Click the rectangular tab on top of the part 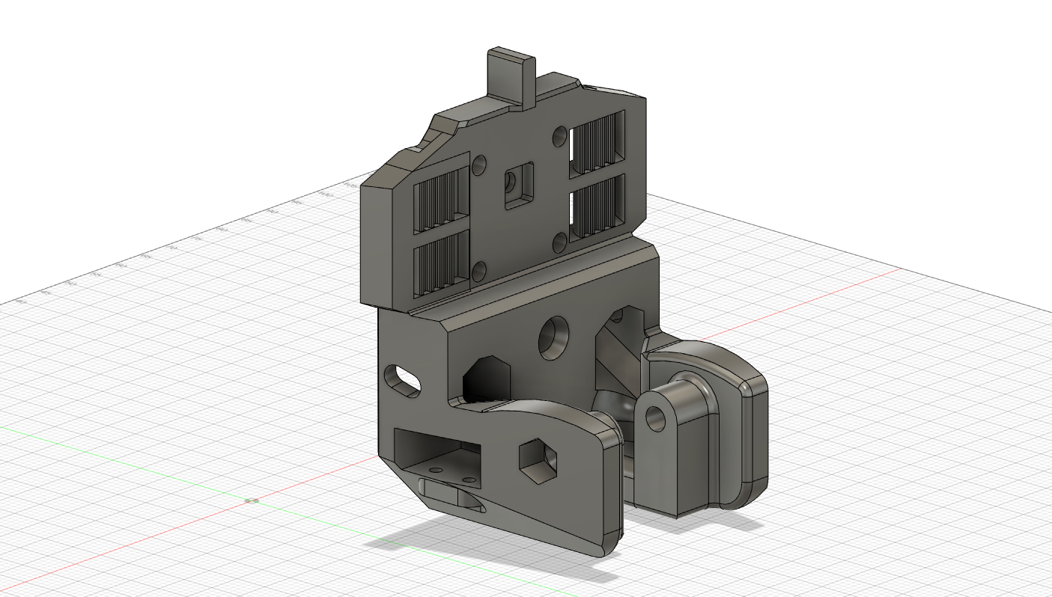pos(512,75)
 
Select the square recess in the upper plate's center pos(518,185)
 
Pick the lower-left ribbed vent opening pos(441,262)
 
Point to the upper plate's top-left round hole pos(480,164)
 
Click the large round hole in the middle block pos(555,337)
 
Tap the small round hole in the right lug pos(657,418)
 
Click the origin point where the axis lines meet pos(252,500)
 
